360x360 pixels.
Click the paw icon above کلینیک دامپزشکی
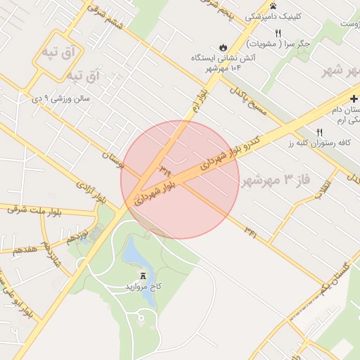(252, 4)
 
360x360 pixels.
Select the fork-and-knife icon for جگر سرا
(278, 33)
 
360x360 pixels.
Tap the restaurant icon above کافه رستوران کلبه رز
(320, 132)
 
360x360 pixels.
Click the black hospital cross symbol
(354, 97)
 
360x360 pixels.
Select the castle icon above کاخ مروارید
(143, 276)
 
